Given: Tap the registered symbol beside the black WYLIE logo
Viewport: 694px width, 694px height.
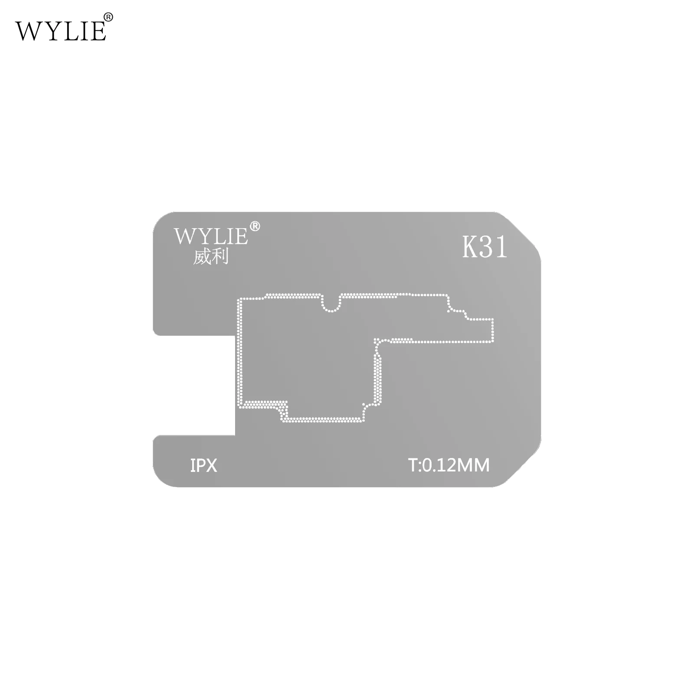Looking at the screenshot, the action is (x=108, y=17).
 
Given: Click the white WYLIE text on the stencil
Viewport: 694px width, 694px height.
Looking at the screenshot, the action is (x=211, y=237).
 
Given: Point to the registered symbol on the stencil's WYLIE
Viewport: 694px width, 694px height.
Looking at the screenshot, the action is (x=255, y=226).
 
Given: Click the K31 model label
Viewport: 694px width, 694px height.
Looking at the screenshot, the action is (x=484, y=247).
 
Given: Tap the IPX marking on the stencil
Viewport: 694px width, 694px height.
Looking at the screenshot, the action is (x=203, y=465).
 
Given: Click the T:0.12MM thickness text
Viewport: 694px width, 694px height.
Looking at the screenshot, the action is (x=449, y=465).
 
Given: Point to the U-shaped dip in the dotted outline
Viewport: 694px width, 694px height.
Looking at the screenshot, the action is (x=332, y=304).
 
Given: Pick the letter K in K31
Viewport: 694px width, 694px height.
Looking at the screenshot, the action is (x=470, y=247).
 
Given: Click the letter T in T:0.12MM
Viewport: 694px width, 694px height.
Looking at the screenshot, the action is (x=412, y=465).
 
